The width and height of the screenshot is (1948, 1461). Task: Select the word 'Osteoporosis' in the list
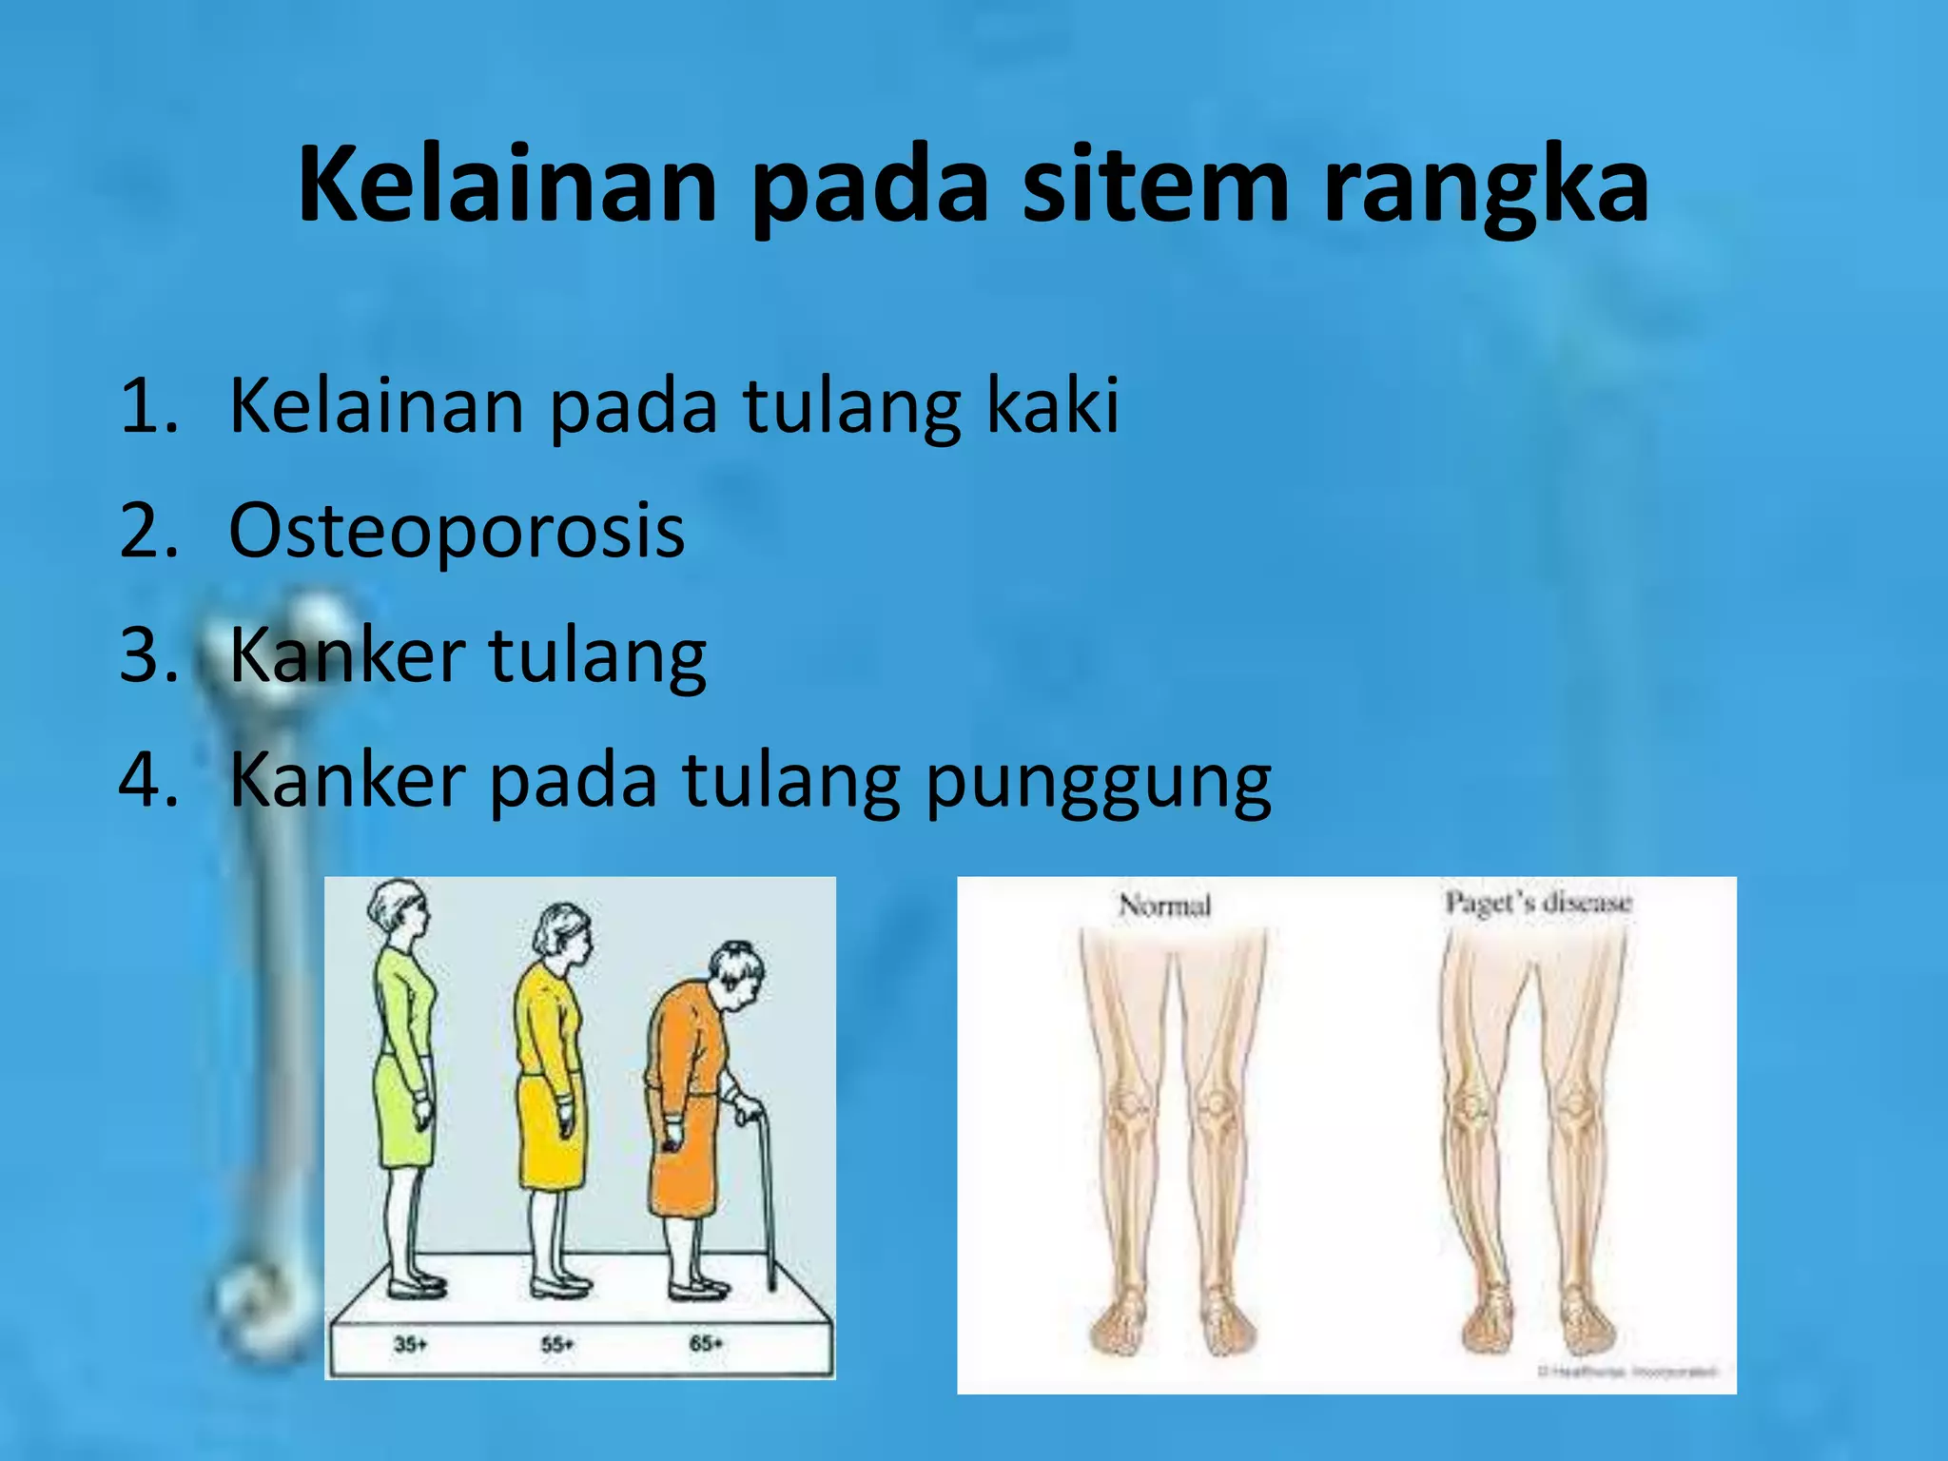click(457, 531)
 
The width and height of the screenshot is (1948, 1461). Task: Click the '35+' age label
click(411, 1344)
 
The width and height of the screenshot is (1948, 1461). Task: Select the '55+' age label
click(557, 1344)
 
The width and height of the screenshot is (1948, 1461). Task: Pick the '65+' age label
click(706, 1343)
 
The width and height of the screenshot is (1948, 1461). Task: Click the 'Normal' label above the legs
click(1164, 904)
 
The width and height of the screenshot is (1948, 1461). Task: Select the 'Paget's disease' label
click(1538, 902)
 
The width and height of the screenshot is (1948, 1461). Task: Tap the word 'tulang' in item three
click(597, 655)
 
